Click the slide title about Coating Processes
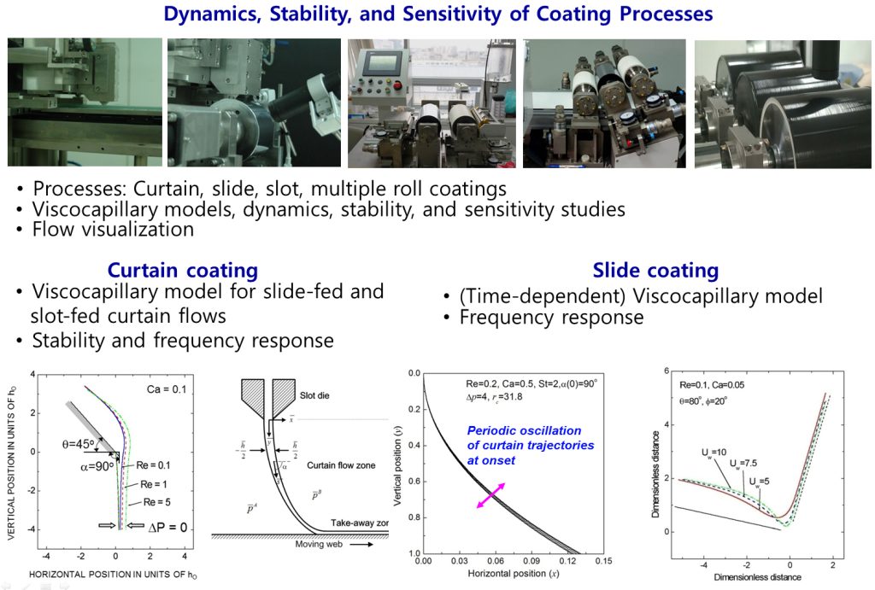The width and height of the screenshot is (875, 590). [437, 15]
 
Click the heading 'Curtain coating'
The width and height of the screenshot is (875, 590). [182, 271]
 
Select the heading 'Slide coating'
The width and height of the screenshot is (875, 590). [655, 271]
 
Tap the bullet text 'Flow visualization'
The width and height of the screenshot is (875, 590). [113, 229]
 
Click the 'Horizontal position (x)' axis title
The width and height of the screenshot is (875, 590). [502, 572]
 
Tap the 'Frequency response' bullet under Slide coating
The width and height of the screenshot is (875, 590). [551, 318]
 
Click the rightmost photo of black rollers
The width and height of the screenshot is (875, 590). [783, 102]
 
